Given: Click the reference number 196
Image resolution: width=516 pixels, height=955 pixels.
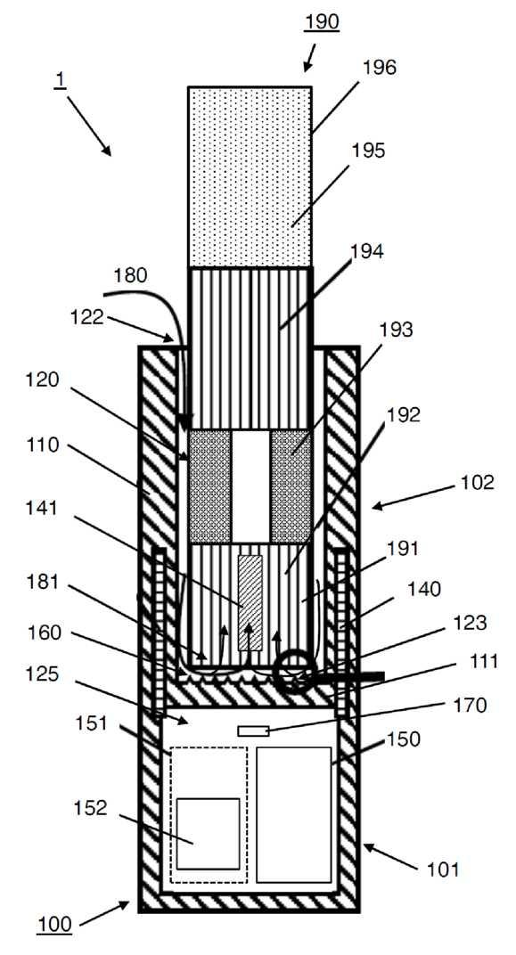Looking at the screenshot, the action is tap(379, 67).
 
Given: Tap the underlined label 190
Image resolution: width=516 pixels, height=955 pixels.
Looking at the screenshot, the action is tap(322, 22).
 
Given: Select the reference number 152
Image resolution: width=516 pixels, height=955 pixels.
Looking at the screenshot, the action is tap(90, 808).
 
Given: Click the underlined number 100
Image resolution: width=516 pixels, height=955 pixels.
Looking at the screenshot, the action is tap(54, 925).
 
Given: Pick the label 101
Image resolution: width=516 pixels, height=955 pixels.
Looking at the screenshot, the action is tap(442, 869).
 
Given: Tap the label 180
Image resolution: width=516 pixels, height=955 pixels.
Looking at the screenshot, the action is tap(130, 275).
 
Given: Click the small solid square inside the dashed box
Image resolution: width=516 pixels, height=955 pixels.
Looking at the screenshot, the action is tap(209, 833).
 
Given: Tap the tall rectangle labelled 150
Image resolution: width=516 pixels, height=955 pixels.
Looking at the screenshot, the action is tap(293, 814).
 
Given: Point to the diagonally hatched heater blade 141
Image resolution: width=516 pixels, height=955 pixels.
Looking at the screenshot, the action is tap(250, 602).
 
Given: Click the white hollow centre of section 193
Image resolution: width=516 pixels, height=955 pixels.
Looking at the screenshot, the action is tap(250, 486).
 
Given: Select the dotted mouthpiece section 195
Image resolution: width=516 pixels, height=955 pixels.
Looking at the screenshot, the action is tap(250, 176).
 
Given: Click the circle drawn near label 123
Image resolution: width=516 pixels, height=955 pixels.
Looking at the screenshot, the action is tap(296, 672).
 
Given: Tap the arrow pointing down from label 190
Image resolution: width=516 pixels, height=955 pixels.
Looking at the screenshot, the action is tap(310, 57).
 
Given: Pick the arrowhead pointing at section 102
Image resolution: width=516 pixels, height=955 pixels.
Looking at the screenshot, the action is tap(377, 505).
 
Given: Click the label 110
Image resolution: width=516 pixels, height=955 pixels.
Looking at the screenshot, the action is tap(42, 445).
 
